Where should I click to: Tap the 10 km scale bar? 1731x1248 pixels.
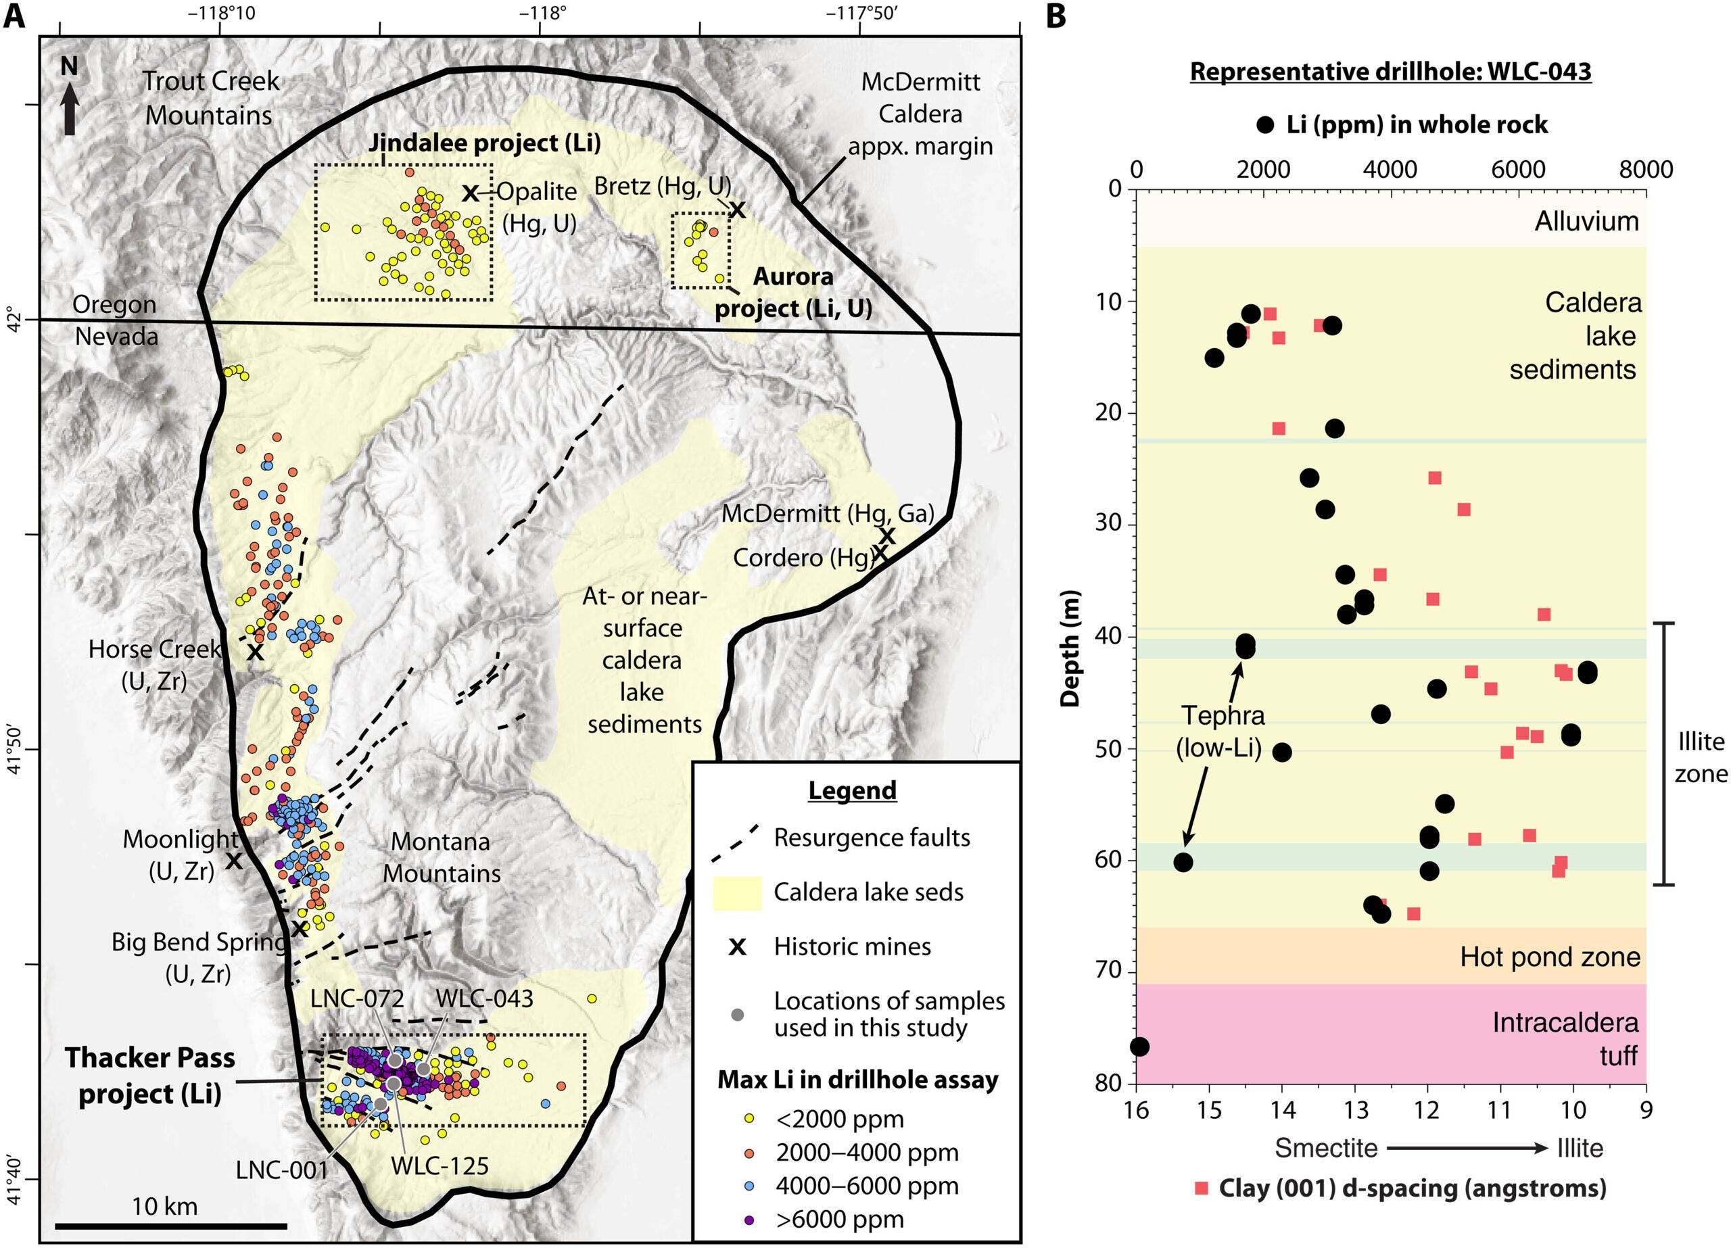point(171,1226)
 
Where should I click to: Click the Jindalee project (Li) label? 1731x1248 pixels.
point(485,143)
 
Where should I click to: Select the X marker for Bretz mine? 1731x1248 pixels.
point(736,209)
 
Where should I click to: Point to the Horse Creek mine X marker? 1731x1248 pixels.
point(255,652)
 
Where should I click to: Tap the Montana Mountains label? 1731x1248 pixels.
point(441,857)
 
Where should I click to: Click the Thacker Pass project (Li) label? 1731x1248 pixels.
point(149,1075)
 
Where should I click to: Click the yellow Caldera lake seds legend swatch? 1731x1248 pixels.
point(736,892)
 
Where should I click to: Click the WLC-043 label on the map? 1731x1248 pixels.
point(485,999)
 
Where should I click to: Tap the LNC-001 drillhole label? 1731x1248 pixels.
point(282,1169)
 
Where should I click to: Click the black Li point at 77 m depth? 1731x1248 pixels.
point(1139,1047)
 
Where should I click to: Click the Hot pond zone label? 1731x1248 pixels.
point(1549,957)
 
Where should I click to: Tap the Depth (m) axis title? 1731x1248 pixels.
point(1071,648)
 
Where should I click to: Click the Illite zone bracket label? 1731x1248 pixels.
point(1700,757)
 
